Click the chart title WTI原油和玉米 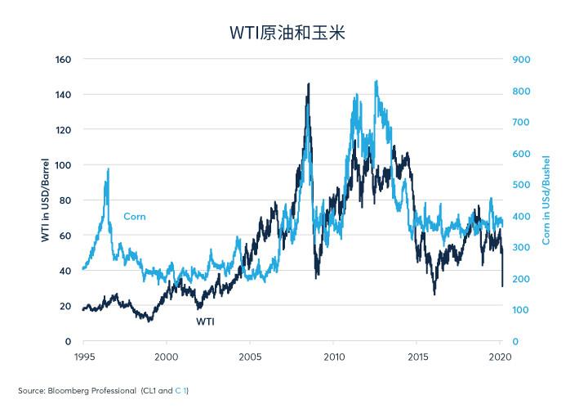coord(287,33)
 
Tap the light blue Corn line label coord(135,216)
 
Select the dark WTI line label coord(205,321)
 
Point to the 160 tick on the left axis coord(63,60)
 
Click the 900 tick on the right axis coord(521,60)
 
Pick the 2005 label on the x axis coord(250,357)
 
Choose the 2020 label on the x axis coord(500,357)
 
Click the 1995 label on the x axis coord(84,357)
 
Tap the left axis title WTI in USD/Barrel coord(45,200)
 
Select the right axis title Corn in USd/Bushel coord(546,200)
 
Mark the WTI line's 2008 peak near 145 coord(309,83)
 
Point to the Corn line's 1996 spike coord(109,169)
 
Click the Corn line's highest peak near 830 coord(376,81)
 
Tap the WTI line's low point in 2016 coord(434,294)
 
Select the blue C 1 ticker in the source coord(180,391)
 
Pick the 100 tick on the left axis coord(63,165)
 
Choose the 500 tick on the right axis coord(521,185)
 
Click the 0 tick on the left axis coord(68,341)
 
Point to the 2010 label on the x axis coord(334,357)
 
